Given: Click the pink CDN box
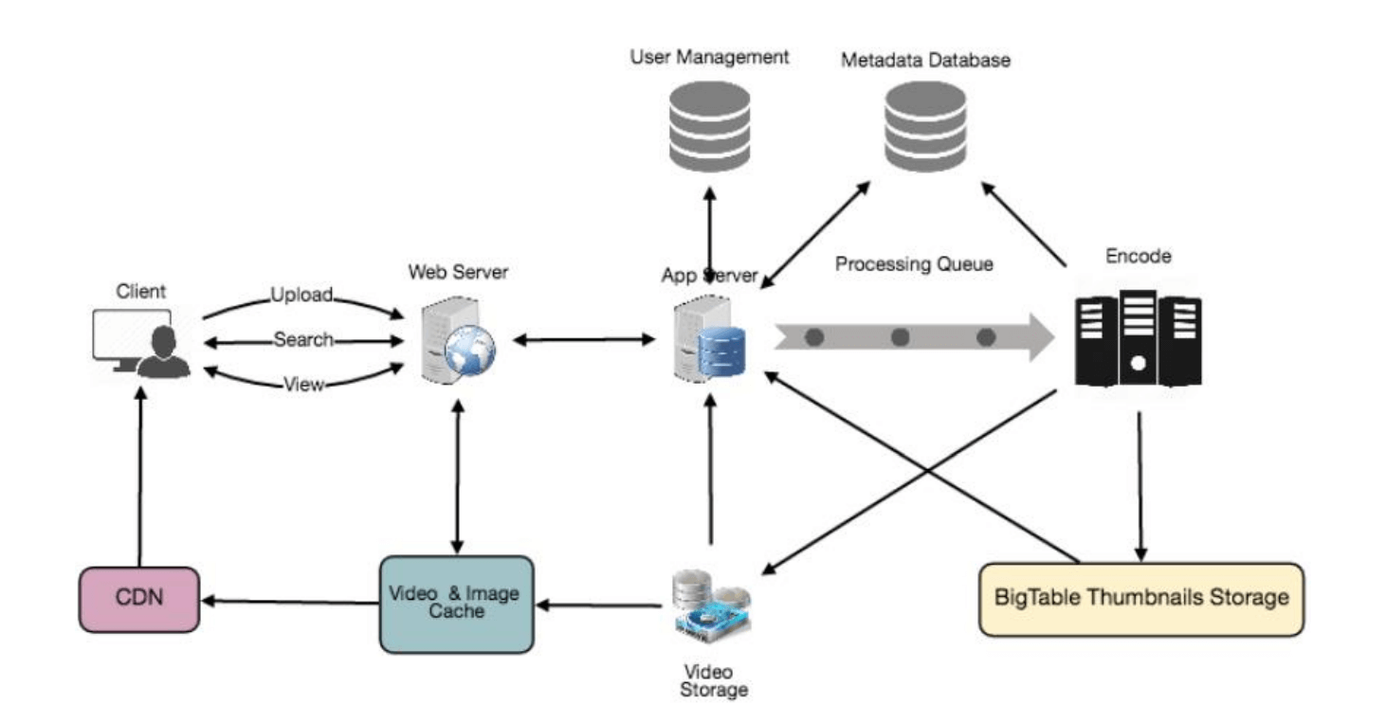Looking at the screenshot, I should point(138,600).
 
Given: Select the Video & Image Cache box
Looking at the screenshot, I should point(456,604).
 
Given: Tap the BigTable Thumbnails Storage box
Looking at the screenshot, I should point(1141,599).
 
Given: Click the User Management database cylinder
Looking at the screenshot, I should point(709,127).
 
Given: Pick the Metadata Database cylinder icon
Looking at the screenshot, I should point(924,127).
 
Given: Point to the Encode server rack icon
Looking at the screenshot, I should point(1138,337).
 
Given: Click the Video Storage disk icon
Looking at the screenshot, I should point(711,603).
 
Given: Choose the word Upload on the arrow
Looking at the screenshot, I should point(301,295).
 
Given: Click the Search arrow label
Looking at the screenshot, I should point(303,339).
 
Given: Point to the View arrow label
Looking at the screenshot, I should point(303,384).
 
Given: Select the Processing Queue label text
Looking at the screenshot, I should point(914,264).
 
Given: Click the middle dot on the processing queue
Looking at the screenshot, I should point(900,337).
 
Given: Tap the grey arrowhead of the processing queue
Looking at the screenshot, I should point(1039,337).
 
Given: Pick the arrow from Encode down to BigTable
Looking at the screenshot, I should point(1140,483).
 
